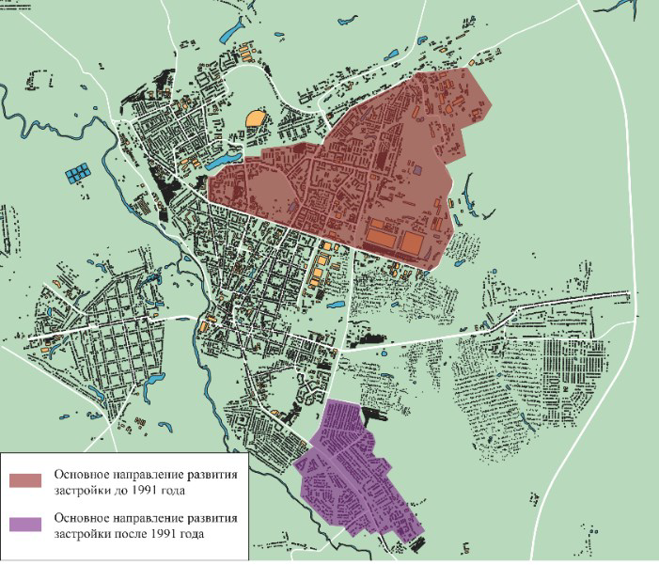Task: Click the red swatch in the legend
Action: point(28,480)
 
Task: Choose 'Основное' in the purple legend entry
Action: point(82,519)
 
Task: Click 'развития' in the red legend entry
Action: point(215,474)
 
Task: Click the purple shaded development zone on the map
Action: point(353,470)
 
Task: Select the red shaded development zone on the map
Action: point(376,169)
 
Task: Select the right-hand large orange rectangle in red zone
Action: point(414,245)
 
